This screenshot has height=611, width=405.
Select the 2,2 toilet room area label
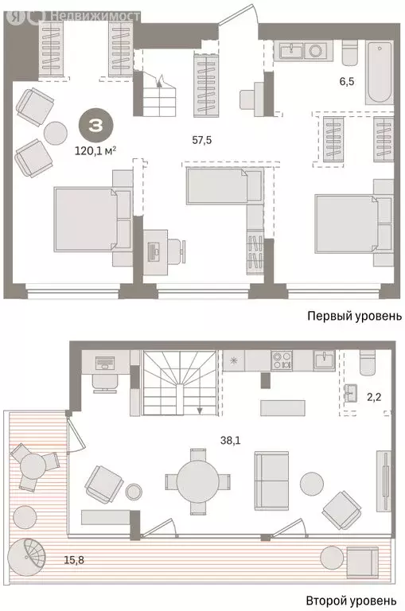(373, 414)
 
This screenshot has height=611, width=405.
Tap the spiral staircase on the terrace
(24, 554)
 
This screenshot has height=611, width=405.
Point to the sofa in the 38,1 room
(271, 480)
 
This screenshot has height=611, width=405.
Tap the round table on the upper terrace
(33, 463)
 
